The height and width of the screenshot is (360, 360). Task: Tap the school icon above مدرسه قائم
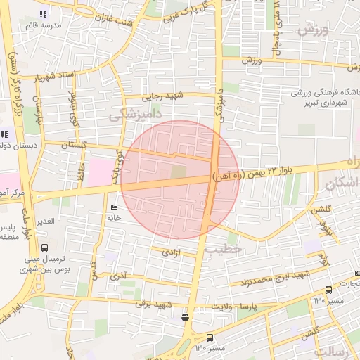pyautogui.click(x=44, y=14)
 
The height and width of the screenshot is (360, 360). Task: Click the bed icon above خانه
pyautogui.click(x=115, y=208)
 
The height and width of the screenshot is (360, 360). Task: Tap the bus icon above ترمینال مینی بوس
pyautogui.click(x=45, y=248)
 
